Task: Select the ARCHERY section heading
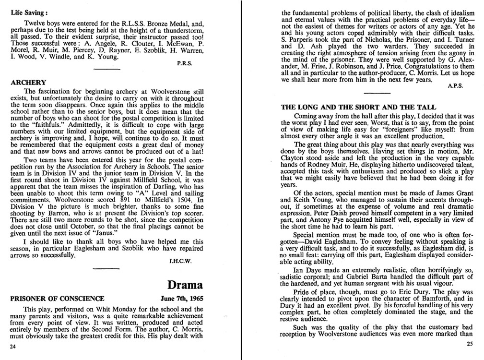[x=28, y=83]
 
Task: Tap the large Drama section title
[x=185, y=285]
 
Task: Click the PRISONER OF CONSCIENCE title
[x=57, y=298]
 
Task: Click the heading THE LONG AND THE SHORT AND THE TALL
[x=358, y=107]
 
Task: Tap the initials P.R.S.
[x=185, y=63]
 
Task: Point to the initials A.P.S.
[x=454, y=87]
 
